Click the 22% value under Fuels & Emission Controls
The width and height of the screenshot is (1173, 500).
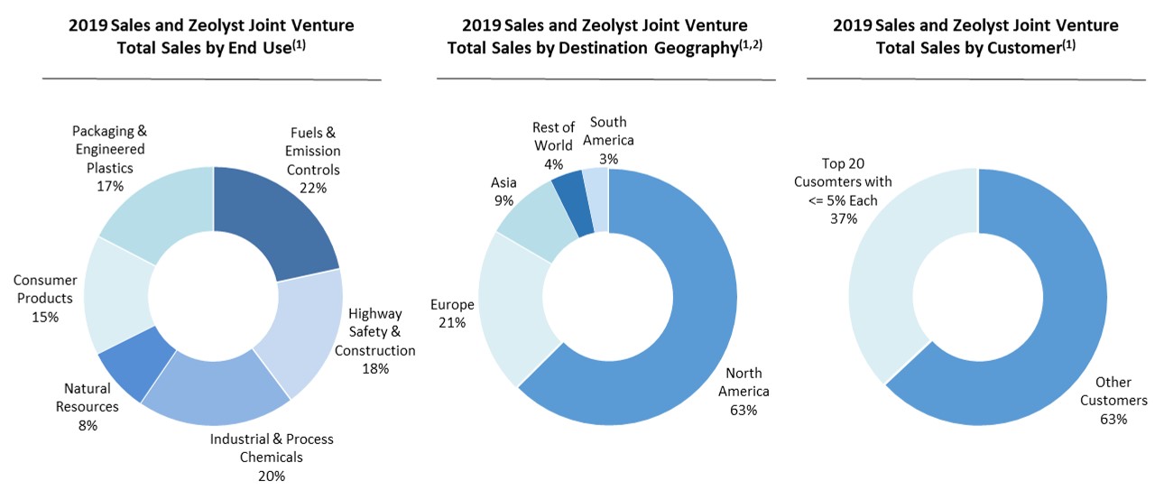[314, 188]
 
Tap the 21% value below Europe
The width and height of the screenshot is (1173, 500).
[453, 322]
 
